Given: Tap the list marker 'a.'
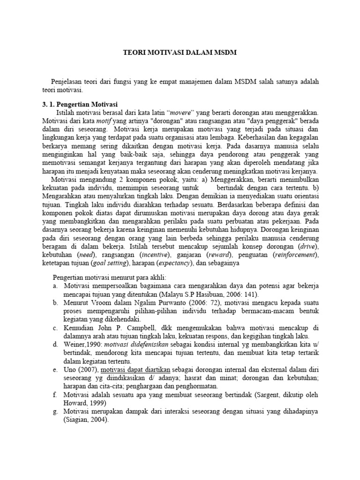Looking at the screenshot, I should click(55, 285).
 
